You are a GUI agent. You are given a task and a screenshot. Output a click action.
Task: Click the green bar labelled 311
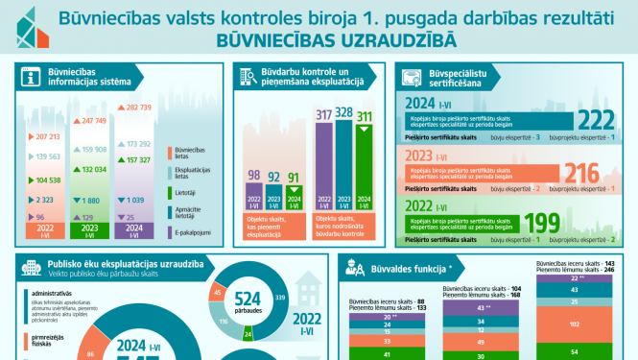click(366, 168)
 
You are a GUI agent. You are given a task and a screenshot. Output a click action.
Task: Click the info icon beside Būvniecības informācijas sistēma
click(31, 79)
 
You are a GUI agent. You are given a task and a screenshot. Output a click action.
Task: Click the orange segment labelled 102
click(575, 324)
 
